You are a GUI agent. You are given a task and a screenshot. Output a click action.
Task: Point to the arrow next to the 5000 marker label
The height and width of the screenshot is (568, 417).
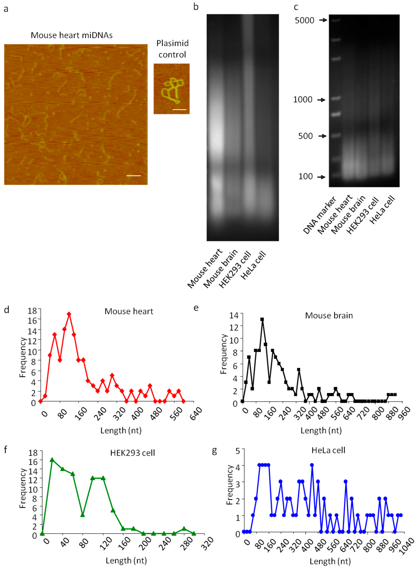pyautogui.click(x=323, y=20)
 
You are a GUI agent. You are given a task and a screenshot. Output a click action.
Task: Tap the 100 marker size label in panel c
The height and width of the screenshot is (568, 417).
pyautogui.click(x=305, y=176)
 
